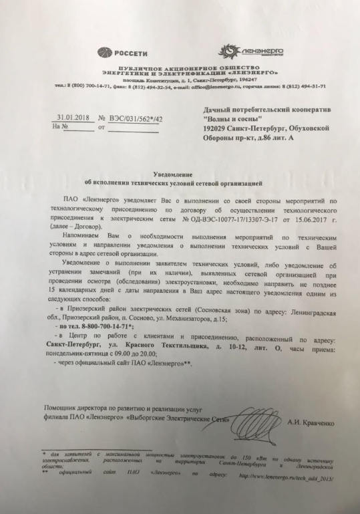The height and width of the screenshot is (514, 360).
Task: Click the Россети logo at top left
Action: tap(118, 51)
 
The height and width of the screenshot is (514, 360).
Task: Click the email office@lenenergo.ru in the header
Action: tap(214, 86)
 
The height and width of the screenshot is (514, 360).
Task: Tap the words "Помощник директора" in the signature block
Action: tap(74, 408)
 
